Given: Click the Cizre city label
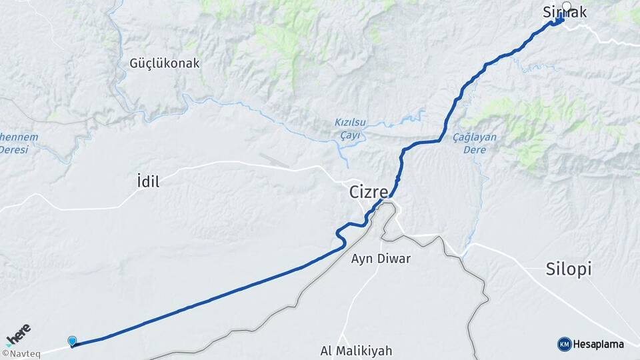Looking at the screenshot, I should coord(369,192).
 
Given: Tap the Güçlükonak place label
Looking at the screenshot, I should coord(165,63).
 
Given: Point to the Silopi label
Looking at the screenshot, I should coord(569,269).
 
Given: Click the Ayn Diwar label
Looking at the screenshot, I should coord(381,259).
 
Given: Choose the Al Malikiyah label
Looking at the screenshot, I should coord(356,351).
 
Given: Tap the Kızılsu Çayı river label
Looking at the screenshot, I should coord(350,129).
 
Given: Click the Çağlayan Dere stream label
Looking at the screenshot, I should coord(475,143).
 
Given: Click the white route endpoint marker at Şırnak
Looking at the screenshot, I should coord(567,7).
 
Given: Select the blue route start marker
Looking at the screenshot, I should coord(72,341).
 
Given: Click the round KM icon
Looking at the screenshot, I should coord(564,344).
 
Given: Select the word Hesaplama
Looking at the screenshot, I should coord(599,345).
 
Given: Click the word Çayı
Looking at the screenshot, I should coord(350,135).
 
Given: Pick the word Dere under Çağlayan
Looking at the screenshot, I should coord(475,149).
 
